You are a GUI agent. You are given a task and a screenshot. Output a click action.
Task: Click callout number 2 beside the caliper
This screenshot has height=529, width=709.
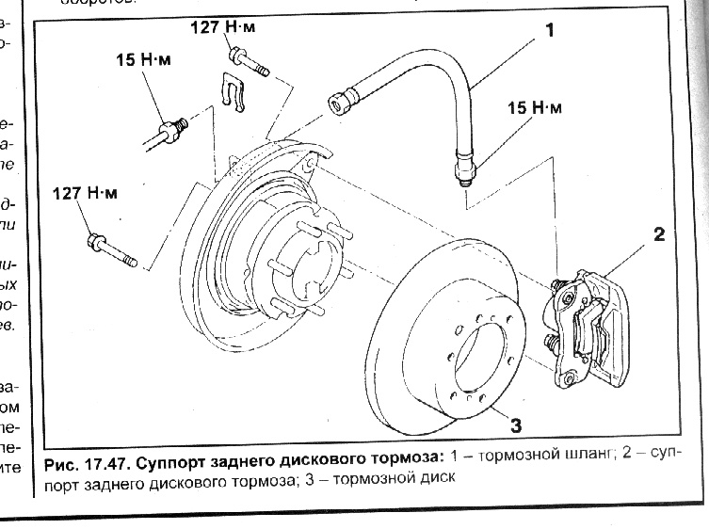point(658,234)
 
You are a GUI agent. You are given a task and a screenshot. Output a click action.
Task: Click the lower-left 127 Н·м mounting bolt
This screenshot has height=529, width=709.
point(110,250)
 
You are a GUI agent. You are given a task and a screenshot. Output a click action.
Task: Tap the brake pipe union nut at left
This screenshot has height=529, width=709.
point(171,125)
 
